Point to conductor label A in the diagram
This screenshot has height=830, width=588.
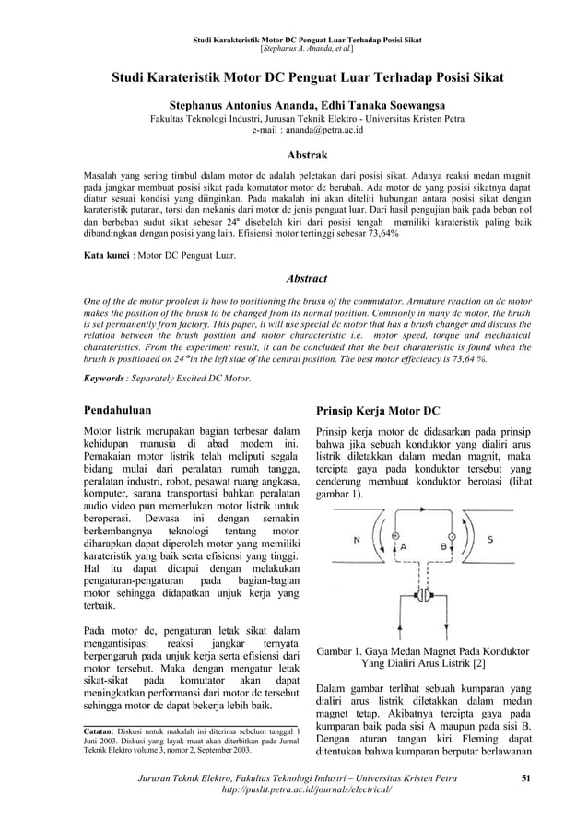[402, 545]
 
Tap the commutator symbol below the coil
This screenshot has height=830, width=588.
[424, 596]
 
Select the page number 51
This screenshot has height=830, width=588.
[526, 781]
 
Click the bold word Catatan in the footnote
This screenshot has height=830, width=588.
[101, 733]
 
